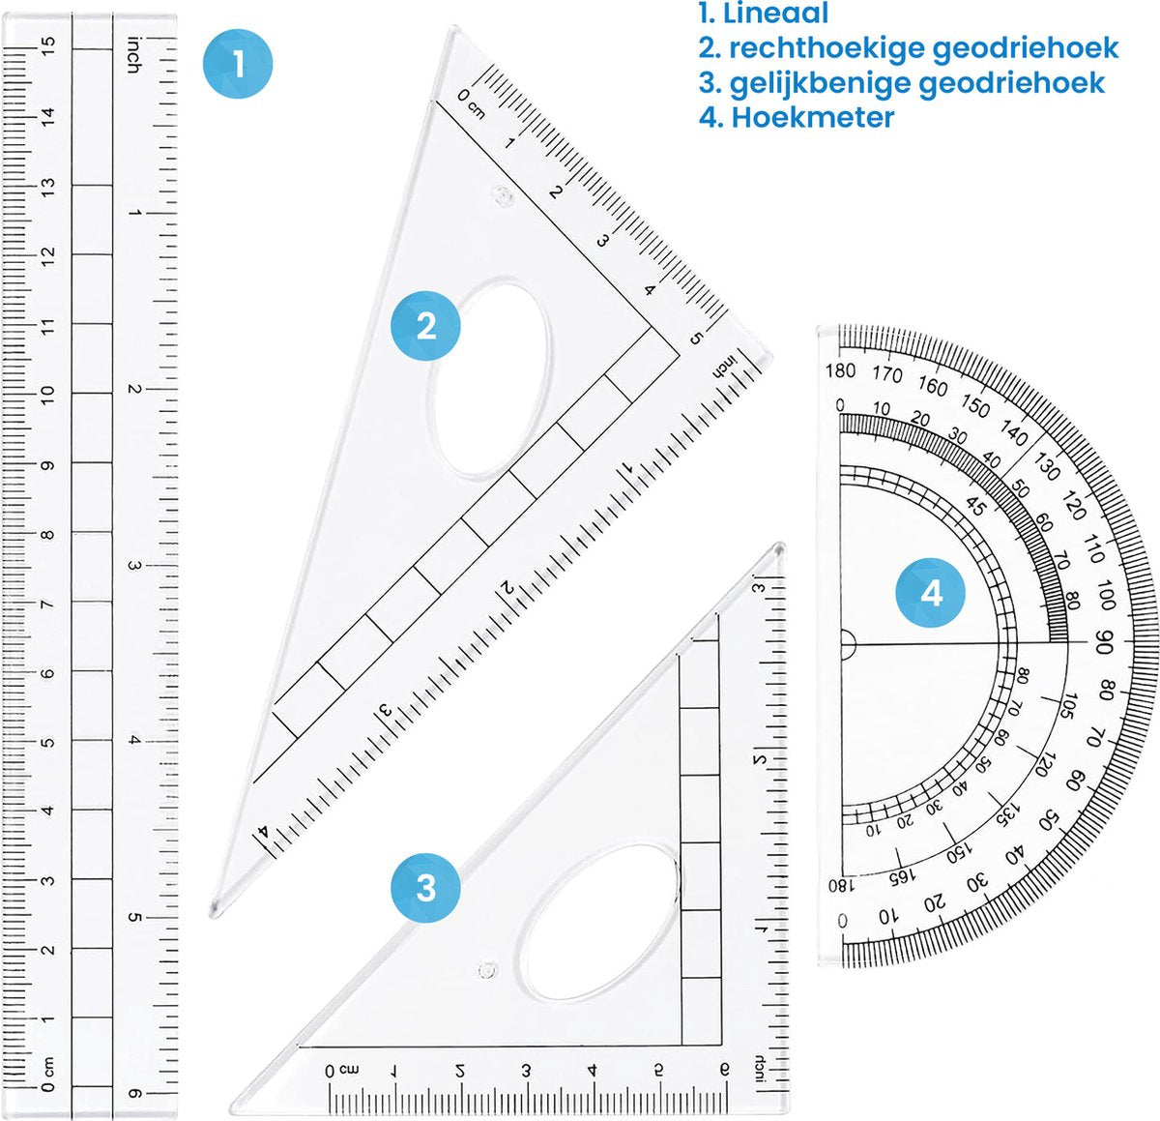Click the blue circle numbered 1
pos(238,65)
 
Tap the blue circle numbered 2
pos(425,326)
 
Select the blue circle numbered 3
pos(425,887)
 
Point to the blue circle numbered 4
pos(931,592)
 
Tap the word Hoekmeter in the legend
pos(812,117)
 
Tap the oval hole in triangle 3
pos(600,921)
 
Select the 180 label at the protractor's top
pos(840,370)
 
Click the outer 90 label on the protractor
pos(1105,643)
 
